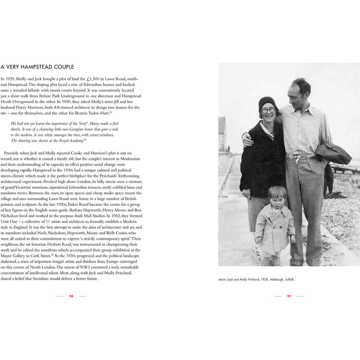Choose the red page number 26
pyautogui.click(x=71, y=296)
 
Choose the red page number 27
pyautogui.click(x=289, y=296)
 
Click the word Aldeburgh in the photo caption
pyautogui.click(x=277, y=279)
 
